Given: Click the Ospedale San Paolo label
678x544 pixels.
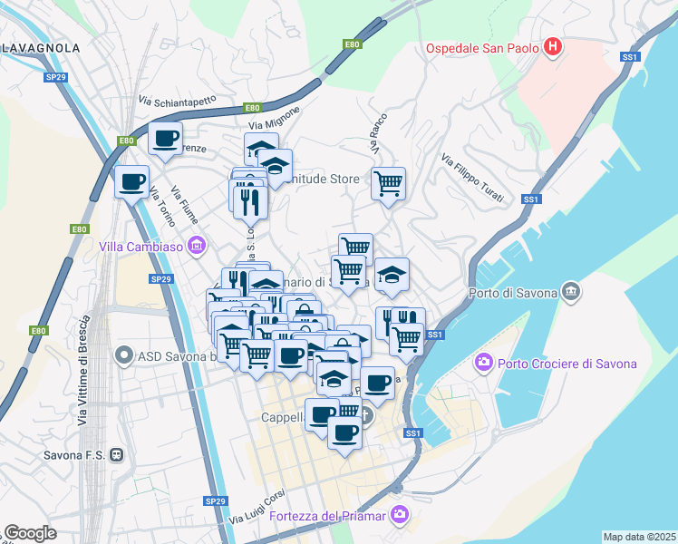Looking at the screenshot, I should [484, 47].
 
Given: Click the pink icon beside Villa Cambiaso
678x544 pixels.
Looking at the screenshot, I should [195, 246].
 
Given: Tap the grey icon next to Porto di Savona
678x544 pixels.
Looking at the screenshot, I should [570, 292].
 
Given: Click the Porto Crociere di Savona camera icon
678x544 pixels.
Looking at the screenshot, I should [484, 364].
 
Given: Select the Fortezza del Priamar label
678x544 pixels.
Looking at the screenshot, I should [327, 517].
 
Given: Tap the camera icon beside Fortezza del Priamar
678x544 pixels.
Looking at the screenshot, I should [398, 516].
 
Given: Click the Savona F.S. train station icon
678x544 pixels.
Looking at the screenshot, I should [115, 454].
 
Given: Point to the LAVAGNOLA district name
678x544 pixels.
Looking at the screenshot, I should [41, 47].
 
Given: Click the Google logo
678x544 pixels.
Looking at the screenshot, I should [30, 533].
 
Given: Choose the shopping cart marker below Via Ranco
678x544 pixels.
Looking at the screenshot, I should [388, 184].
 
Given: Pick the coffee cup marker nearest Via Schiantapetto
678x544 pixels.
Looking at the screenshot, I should [165, 139].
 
